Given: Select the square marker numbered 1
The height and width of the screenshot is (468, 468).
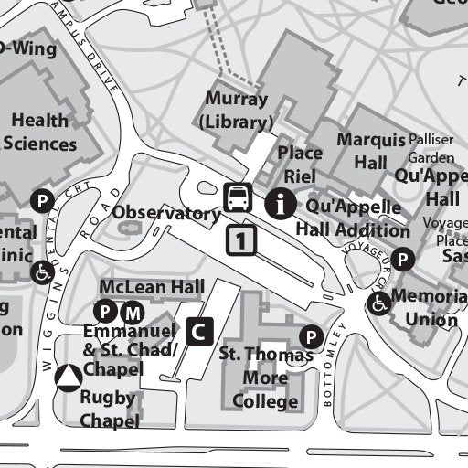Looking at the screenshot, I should pos(241,240).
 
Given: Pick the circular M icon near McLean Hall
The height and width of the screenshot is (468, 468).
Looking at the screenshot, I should pos(133,310).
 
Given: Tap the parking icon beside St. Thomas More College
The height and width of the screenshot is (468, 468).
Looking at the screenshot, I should pos(312,337).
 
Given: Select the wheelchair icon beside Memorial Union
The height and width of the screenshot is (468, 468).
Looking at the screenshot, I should pos(378,303).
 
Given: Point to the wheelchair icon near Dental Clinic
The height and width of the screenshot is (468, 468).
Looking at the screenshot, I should pos(43,271).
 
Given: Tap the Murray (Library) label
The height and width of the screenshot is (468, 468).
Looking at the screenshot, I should pos(238,111).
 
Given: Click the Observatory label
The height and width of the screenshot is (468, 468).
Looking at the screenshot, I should pos(166,214).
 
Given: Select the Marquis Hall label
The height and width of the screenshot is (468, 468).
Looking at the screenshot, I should pos(370,151).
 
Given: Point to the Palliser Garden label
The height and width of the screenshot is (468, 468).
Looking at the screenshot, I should pos(430,148).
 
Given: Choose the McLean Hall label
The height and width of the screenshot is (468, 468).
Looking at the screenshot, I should pos(152,288).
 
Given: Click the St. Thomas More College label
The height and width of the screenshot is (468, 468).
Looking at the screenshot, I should pos(265,377).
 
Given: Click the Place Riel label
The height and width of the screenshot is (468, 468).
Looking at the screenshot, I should pos(300,165).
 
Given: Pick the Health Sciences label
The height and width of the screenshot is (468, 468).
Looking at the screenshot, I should pos(41,132).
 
